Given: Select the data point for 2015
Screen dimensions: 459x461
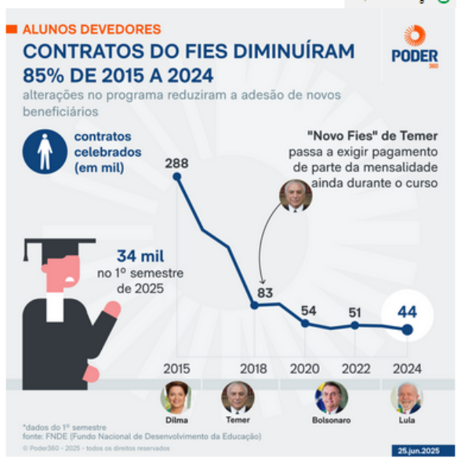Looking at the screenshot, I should click(177, 177).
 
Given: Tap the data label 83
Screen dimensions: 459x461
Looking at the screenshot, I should click(264, 293).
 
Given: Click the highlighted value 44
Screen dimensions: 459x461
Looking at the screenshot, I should click(407, 313).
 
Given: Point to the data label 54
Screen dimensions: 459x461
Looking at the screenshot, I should click(308, 310).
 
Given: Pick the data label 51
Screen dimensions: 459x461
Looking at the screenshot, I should click(356, 311).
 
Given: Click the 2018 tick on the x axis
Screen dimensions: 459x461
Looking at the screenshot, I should click(253, 368).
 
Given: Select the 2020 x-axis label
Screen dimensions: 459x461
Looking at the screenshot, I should click(305, 368).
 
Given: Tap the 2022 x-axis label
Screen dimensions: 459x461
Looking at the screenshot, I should click(356, 368).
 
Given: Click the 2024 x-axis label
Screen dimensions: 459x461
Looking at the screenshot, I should click(407, 368).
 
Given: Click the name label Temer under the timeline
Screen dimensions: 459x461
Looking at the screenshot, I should click(238, 421).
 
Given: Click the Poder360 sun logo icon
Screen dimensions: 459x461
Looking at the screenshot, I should click(414, 36).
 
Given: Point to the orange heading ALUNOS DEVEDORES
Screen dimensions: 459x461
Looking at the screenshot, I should click(91, 30).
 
